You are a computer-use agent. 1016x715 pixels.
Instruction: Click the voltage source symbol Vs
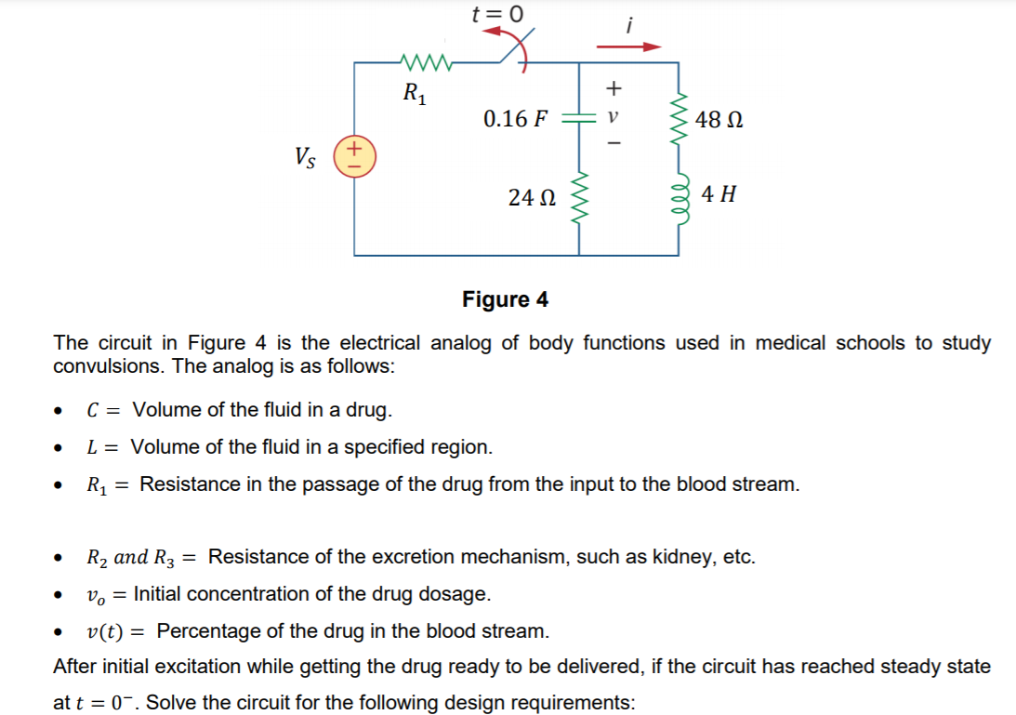coord(354,155)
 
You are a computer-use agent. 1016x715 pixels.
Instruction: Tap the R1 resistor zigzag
coord(425,63)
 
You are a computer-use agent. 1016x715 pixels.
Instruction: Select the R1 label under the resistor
coord(414,93)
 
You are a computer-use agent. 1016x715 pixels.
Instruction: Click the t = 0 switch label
coord(497,14)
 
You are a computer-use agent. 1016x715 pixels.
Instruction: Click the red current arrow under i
coord(628,46)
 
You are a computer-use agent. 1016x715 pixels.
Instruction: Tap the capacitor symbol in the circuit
coord(579,119)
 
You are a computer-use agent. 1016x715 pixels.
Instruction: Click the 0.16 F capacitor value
coord(516,119)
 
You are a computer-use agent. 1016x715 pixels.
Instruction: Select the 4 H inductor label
coord(719,194)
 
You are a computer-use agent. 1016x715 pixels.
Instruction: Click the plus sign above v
coord(612,89)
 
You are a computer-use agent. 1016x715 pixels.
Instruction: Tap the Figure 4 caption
coord(505,299)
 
